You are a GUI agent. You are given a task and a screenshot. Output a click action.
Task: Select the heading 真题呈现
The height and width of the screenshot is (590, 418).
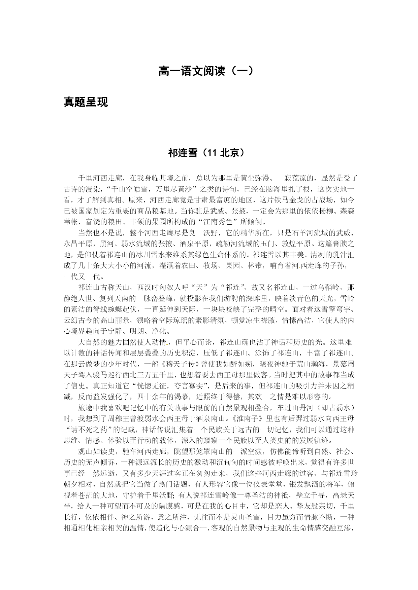[x=86, y=102]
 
